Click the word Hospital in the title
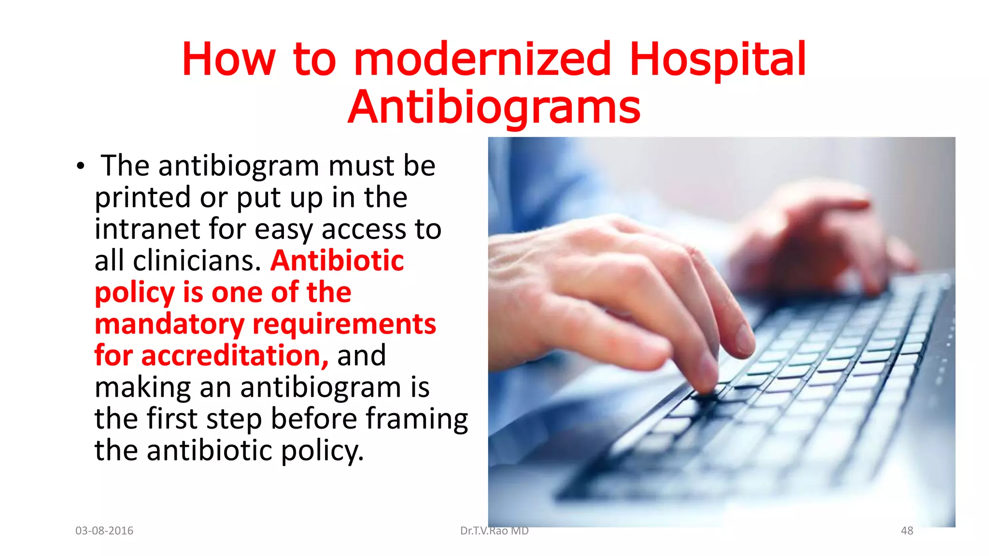tap(718, 59)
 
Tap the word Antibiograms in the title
tap(494, 107)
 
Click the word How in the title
tap(228, 59)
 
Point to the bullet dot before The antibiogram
tap(80, 167)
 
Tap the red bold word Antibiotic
tap(337, 261)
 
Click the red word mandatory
tap(170, 324)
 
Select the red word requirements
tap(344, 324)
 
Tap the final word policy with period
tap(322, 451)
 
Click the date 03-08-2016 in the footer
tap(104, 531)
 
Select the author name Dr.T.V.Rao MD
tap(494, 531)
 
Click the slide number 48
tap(907, 531)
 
